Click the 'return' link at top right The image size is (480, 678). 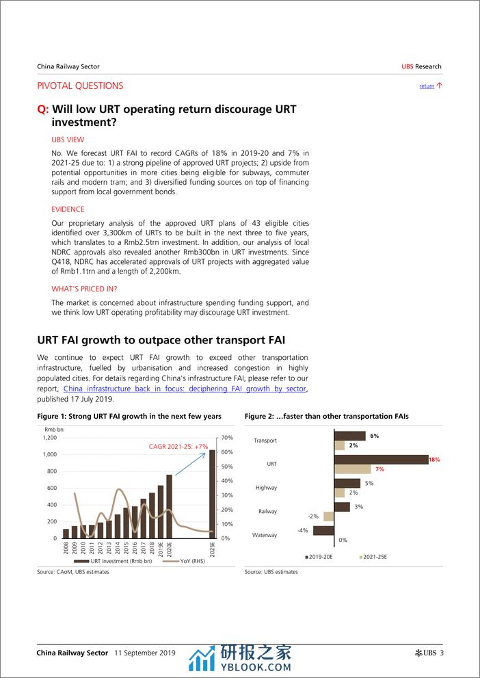click(x=427, y=86)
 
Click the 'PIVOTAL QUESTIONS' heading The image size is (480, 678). click(x=80, y=86)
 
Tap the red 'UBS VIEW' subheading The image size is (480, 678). click(x=68, y=139)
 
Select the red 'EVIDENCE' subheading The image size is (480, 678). click(x=68, y=209)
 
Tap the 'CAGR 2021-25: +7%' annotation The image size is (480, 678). click(x=178, y=446)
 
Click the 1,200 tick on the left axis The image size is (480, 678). click(x=50, y=437)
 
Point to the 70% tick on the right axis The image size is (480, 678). click(x=228, y=437)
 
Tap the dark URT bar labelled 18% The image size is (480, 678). click(x=381, y=460)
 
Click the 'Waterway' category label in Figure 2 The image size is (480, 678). click(x=265, y=535)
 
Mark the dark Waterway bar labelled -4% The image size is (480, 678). click(x=323, y=530)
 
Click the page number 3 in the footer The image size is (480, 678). click(x=442, y=653)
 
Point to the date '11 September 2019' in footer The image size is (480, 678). click(x=145, y=653)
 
